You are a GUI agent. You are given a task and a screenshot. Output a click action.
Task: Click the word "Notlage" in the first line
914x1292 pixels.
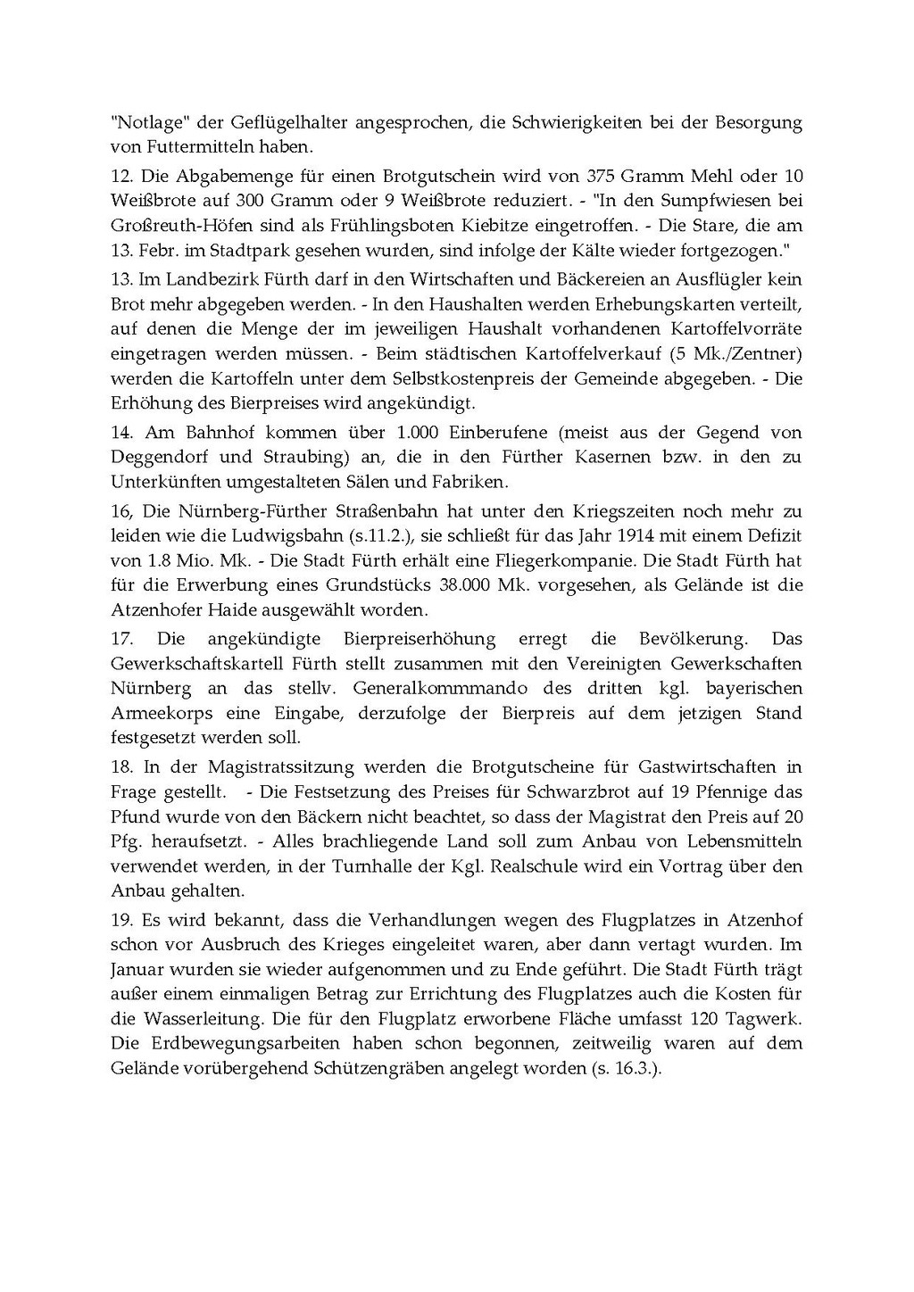[147, 122]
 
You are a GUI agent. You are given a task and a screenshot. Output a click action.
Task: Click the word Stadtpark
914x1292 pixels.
[262, 250]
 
